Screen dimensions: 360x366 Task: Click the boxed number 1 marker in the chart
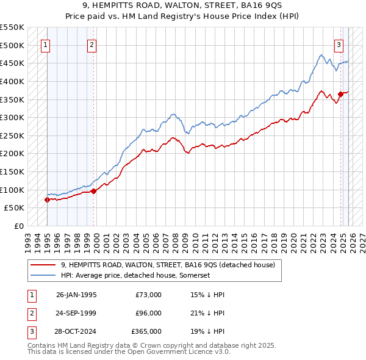coord(46,44)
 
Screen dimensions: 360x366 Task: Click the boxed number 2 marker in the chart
coord(91,44)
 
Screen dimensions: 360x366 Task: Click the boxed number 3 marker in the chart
coord(339,44)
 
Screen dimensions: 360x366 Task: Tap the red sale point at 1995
coord(47,200)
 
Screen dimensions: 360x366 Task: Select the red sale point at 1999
coord(93,191)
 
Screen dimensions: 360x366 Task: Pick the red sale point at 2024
coord(340,94)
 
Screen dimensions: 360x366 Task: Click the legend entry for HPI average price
coord(135,276)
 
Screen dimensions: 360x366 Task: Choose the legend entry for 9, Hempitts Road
coord(168,265)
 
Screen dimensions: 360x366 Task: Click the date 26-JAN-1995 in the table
coord(76,295)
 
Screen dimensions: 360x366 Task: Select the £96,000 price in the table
coord(148,313)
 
